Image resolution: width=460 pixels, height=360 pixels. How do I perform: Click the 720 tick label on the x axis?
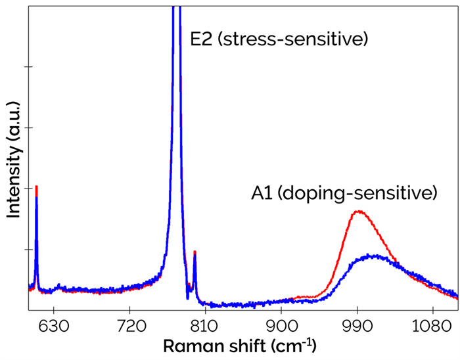click(x=129, y=325)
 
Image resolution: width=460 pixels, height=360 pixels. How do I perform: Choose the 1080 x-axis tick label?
click(x=431, y=325)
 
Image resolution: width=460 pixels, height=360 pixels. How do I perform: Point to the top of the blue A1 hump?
click(x=374, y=255)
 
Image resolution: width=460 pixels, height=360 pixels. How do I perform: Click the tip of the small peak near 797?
click(x=195, y=252)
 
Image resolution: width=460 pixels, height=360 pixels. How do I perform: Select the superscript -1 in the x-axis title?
click(x=309, y=341)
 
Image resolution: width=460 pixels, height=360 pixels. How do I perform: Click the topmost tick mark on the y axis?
click(x=27, y=67)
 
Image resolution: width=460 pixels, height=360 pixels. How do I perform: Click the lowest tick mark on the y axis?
click(x=27, y=250)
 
